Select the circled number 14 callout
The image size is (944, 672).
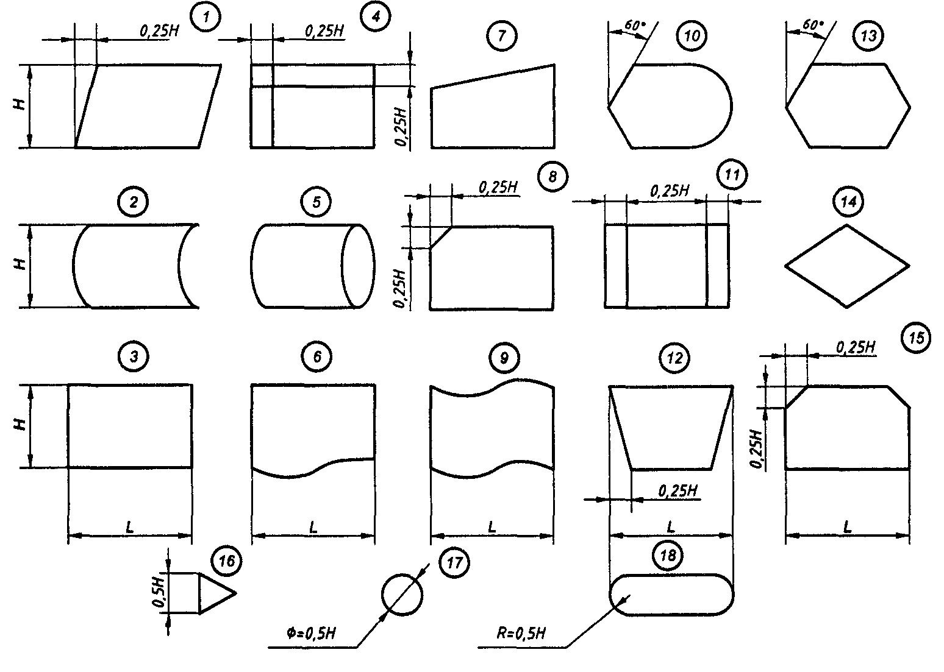[x=848, y=202]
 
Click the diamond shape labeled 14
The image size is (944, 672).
[x=846, y=266]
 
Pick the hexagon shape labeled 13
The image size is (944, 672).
[x=848, y=105]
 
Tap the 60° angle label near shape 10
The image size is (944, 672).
[x=634, y=27]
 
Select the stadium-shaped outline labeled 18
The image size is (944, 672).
[x=671, y=595]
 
